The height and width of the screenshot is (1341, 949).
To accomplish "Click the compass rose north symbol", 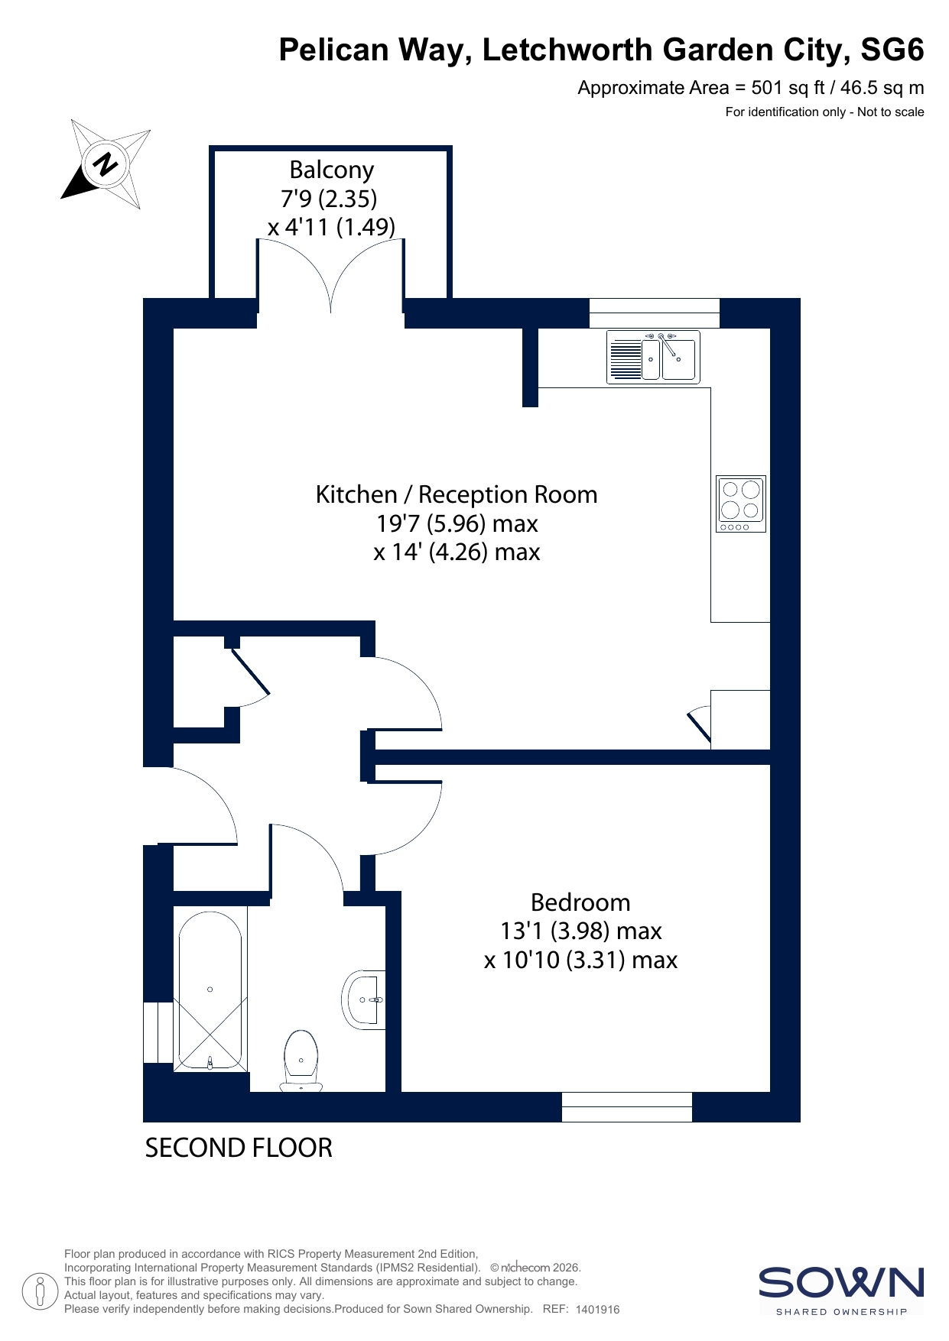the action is pos(106,164).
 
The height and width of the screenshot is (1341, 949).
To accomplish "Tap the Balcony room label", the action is pos(331,170).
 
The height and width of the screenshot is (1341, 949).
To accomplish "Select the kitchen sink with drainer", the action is pos(653,356).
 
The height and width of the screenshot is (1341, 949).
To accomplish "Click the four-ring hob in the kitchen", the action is pos(741,504).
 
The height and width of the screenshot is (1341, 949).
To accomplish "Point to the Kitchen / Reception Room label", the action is pos(457,494).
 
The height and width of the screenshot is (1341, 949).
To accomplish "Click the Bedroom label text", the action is pos(580,902).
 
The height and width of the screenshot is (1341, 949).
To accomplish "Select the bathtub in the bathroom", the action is pos(210,989).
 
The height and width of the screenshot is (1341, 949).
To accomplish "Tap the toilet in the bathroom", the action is pos(301,1061).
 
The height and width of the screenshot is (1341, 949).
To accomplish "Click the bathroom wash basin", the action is pos(363,999).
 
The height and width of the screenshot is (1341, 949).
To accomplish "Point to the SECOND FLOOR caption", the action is pos(239,1148).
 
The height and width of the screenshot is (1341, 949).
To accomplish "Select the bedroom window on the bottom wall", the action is pos(627,1106).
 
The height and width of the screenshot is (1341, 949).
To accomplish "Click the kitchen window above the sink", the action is pos(655,313).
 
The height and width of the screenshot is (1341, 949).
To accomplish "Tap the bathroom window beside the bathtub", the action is pos(158,1032).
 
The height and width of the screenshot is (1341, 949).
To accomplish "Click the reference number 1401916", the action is pos(597,1310).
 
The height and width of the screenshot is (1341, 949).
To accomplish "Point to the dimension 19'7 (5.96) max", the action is pos(457,523).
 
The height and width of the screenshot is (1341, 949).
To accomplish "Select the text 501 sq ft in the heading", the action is pos(788,88).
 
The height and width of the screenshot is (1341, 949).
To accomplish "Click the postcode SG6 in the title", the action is pos(892,50).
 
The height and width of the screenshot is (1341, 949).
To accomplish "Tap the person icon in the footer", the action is pos(41,1291).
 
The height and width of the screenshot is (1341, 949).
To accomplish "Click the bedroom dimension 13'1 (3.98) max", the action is pos(580,931).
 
